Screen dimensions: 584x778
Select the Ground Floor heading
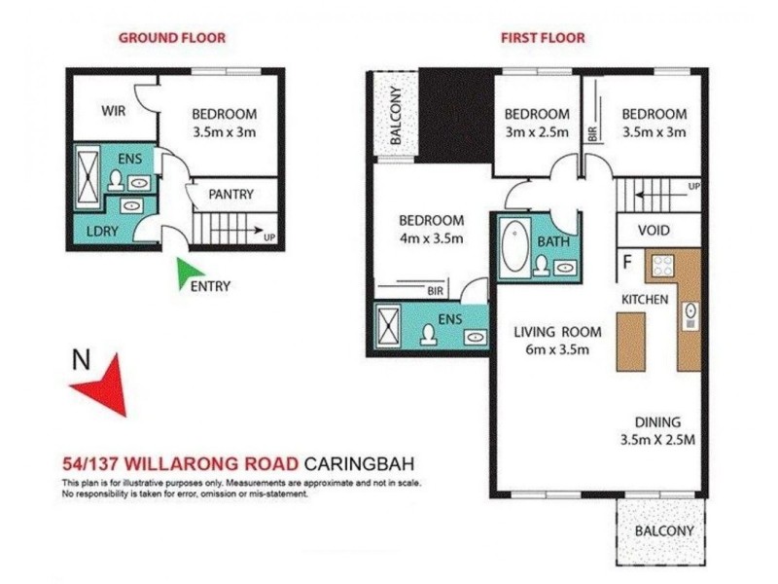171,38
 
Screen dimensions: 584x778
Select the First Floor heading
543,38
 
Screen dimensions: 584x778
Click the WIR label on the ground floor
114,111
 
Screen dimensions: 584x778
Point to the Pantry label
230,195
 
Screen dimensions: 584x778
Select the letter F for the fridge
627,261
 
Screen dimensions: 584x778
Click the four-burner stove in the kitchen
663,266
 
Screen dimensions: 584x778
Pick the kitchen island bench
630,341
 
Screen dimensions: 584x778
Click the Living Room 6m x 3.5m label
557,341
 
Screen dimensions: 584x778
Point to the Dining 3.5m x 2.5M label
658,430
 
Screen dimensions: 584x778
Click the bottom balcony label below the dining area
664,530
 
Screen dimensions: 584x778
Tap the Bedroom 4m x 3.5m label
431,229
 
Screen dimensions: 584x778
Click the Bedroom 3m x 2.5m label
537,122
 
